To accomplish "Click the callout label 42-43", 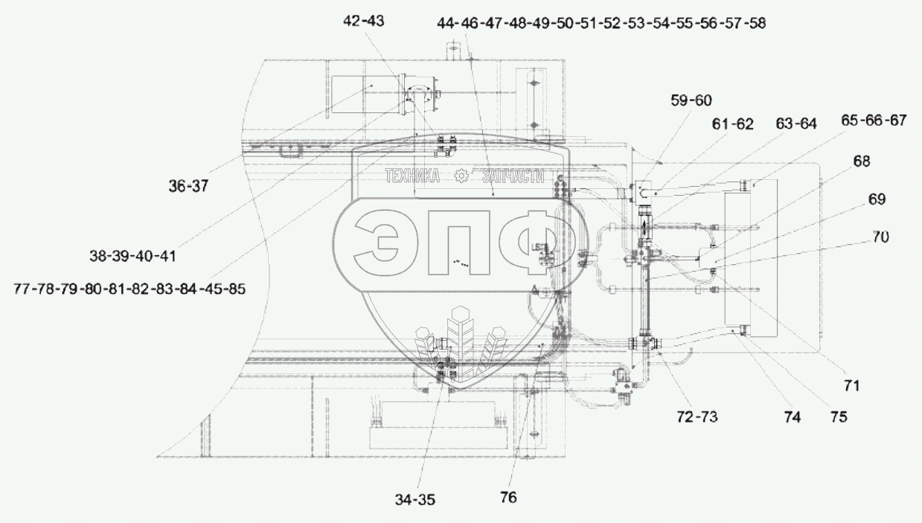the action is point(363,21).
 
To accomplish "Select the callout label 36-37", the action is point(188,187).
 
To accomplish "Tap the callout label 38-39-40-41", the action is point(132,257).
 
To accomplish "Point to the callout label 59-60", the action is point(691,100).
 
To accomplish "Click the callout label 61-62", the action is point(733,123).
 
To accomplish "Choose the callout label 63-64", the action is point(796,123).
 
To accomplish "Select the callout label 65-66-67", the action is point(874,121).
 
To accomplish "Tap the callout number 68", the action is point(862,161).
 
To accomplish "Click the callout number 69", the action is point(877,199).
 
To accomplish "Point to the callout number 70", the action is point(880,237).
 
